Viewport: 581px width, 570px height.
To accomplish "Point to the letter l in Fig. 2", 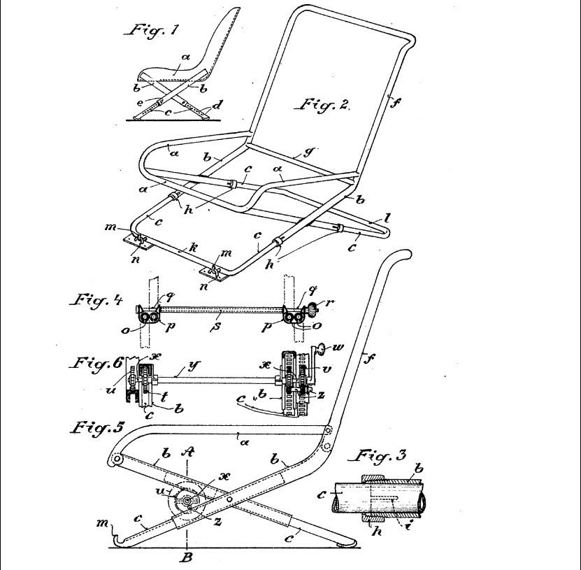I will point(387,219).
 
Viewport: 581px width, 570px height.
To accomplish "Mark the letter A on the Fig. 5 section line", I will point(189,451).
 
